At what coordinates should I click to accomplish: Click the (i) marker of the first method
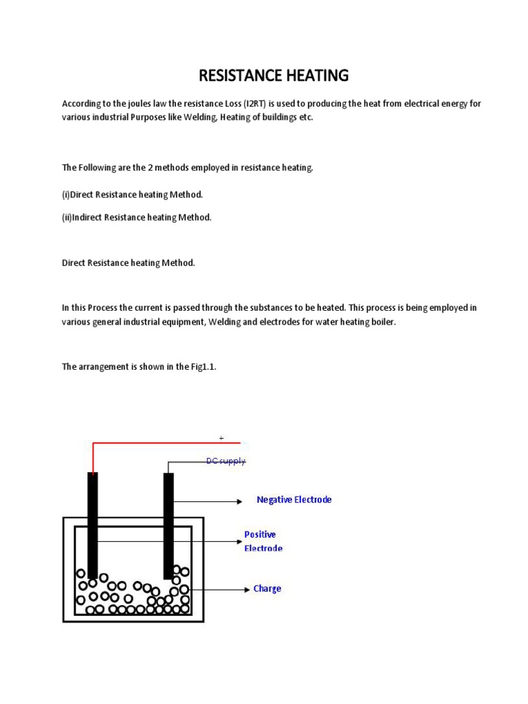66,195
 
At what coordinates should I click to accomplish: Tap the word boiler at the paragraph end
384,322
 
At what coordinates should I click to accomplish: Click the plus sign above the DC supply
221,438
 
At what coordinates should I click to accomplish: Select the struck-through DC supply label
225,461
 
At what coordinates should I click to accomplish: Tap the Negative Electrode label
294,500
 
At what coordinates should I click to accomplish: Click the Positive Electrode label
263,541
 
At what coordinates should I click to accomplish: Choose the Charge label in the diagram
267,588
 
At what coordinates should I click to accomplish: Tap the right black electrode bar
168,522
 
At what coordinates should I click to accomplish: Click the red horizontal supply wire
165,443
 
